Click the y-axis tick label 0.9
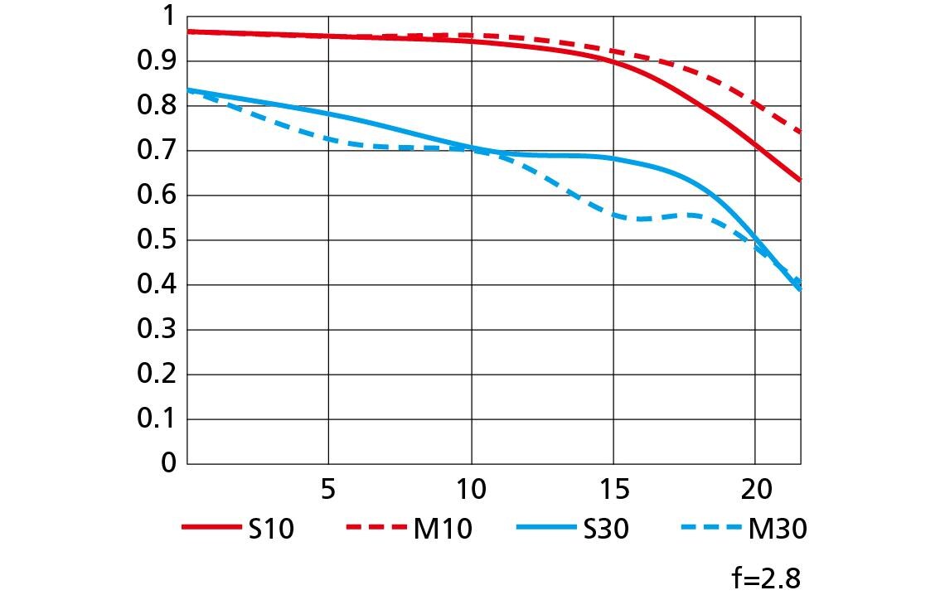[x=156, y=60]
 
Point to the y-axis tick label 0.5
[x=156, y=239]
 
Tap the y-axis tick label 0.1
[x=156, y=418]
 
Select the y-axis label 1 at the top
[x=168, y=17]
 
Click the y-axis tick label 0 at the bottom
[x=168, y=462]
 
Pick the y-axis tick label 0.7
[x=156, y=150]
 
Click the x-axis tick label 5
[x=328, y=490]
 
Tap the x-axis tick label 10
[x=471, y=490]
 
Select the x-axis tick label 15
[x=614, y=490]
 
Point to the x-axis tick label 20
[x=756, y=490]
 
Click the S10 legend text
[x=271, y=529]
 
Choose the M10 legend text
[x=443, y=529]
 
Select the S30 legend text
[x=606, y=529]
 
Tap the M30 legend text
[x=778, y=529]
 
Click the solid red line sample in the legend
[x=211, y=528]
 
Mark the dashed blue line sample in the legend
[x=711, y=528]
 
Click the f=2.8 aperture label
[x=766, y=578]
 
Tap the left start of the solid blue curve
[x=188, y=89]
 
